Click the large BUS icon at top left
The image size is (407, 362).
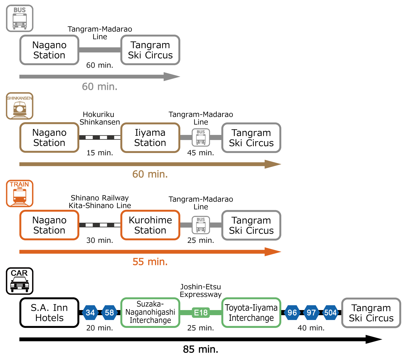pyautogui.click(x=20, y=18)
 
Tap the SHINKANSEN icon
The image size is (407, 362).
pyautogui.click(x=20, y=106)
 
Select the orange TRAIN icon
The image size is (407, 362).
pyautogui.click(x=20, y=193)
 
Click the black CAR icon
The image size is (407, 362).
pyautogui.click(x=20, y=281)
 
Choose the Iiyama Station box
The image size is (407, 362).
pyautogui.click(x=150, y=138)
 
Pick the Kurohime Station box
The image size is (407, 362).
pyautogui.click(x=150, y=225)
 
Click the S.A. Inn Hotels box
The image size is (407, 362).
pyautogui.click(x=49, y=313)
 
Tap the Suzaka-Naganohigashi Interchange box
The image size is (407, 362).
pyautogui.click(x=150, y=313)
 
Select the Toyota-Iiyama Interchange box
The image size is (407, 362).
pyautogui.click(x=251, y=313)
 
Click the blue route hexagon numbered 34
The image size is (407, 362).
pyautogui.click(x=90, y=313)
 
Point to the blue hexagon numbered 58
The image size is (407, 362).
pyautogui.click(x=109, y=313)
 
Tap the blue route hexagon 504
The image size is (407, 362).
pyautogui.click(x=330, y=313)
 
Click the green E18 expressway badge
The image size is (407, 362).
pyautogui.click(x=201, y=313)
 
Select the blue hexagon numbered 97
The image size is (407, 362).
pyautogui.click(x=311, y=313)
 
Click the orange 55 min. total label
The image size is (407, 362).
pyautogui.click(x=150, y=262)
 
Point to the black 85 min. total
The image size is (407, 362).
pyautogui.click(x=200, y=349)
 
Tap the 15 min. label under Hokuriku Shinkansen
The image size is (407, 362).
pyautogui.click(x=100, y=153)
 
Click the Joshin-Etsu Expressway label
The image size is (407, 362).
pyautogui.click(x=201, y=290)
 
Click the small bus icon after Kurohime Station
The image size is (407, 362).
pyautogui.click(x=201, y=225)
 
